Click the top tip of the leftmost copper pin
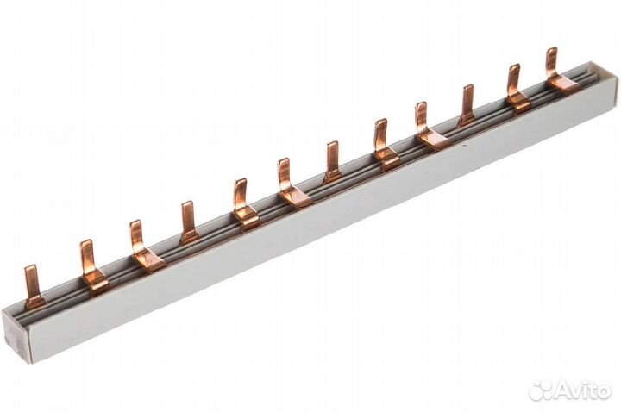[30, 267]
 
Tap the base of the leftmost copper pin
[34, 301]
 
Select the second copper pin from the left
[92, 266]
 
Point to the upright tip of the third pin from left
[135, 223]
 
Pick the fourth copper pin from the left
[189, 222]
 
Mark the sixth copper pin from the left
[292, 182]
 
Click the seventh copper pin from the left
[334, 162]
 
